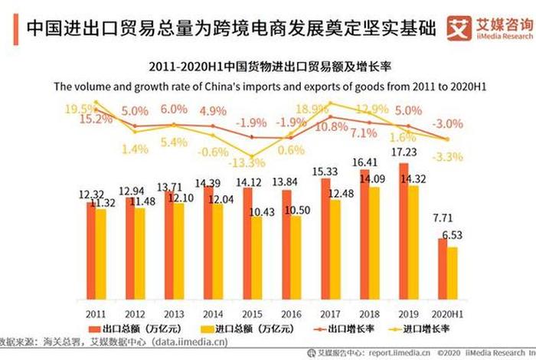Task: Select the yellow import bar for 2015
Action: [x=257, y=255]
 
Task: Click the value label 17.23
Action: [x=404, y=152]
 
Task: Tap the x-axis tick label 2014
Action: [x=213, y=314]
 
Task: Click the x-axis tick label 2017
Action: [x=330, y=314]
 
